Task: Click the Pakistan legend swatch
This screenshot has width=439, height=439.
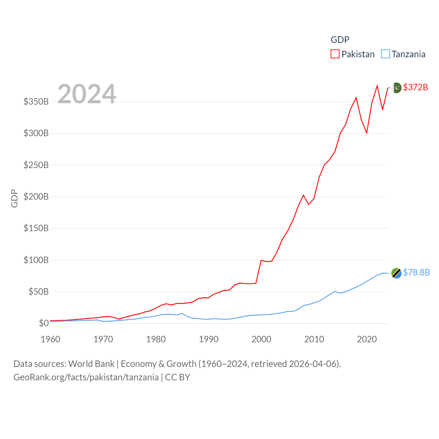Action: (x=335, y=54)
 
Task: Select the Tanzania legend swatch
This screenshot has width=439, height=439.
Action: (x=385, y=54)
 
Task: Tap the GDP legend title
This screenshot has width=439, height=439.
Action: (x=340, y=40)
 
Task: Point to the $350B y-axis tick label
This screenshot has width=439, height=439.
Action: (x=36, y=102)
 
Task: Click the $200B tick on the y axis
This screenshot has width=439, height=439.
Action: (x=36, y=197)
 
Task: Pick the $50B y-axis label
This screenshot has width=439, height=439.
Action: (x=38, y=292)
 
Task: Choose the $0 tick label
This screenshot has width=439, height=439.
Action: (x=44, y=323)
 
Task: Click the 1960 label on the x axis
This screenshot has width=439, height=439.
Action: (x=50, y=339)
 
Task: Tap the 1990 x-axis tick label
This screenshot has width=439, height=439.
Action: (x=209, y=339)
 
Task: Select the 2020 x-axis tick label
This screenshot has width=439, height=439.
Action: (x=367, y=339)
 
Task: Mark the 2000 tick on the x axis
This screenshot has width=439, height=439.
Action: (x=261, y=339)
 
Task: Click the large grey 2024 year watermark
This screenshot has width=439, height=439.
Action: (x=87, y=94)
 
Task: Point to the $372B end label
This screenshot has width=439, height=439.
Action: (x=415, y=87)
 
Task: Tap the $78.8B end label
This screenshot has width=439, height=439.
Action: (x=416, y=272)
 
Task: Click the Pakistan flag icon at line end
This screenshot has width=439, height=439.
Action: (x=396, y=88)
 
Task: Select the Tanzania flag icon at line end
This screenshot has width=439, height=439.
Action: (x=396, y=273)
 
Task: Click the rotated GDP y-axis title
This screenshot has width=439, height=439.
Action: (x=14, y=198)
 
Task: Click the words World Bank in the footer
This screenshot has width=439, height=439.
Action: (x=91, y=364)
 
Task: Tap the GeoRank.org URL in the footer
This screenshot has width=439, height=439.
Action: (x=86, y=377)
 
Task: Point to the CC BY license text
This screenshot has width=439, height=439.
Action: (x=178, y=377)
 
